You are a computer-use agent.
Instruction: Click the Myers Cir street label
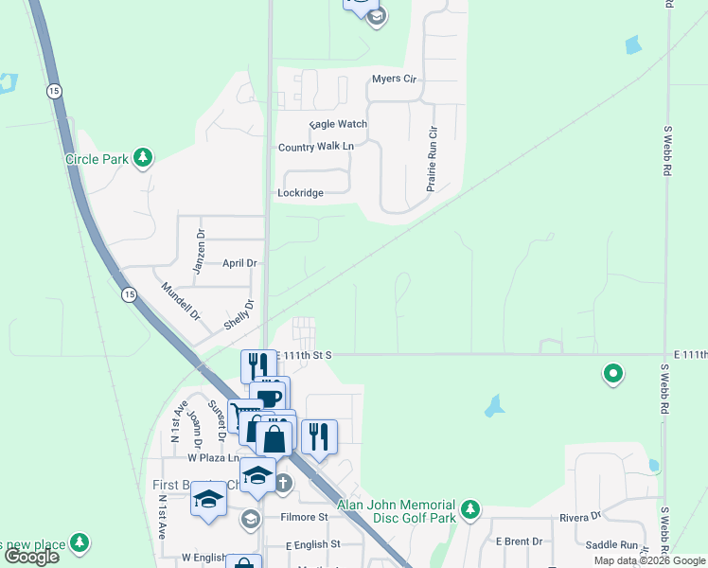coord(394,79)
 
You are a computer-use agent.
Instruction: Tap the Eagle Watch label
coord(338,124)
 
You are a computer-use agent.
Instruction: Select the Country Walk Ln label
coord(315,147)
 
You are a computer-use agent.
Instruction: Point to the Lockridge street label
coord(300,193)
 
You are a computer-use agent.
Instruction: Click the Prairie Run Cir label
coord(432,159)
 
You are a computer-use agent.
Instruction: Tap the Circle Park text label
coord(97,159)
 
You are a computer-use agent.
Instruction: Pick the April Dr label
coord(239,263)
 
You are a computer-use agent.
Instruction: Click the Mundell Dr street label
coord(180,300)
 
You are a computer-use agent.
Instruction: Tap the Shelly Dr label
coord(239,314)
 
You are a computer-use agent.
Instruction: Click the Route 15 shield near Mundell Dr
coord(129,295)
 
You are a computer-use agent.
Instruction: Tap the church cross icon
coord(283,483)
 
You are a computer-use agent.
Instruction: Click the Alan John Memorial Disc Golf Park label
coord(397,511)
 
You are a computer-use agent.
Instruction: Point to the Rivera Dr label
coord(580,517)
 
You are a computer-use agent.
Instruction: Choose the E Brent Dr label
coord(519,541)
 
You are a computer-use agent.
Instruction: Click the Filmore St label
coord(304,518)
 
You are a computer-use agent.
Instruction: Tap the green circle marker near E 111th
coord(613,375)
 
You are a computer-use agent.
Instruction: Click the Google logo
coord(31,557)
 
